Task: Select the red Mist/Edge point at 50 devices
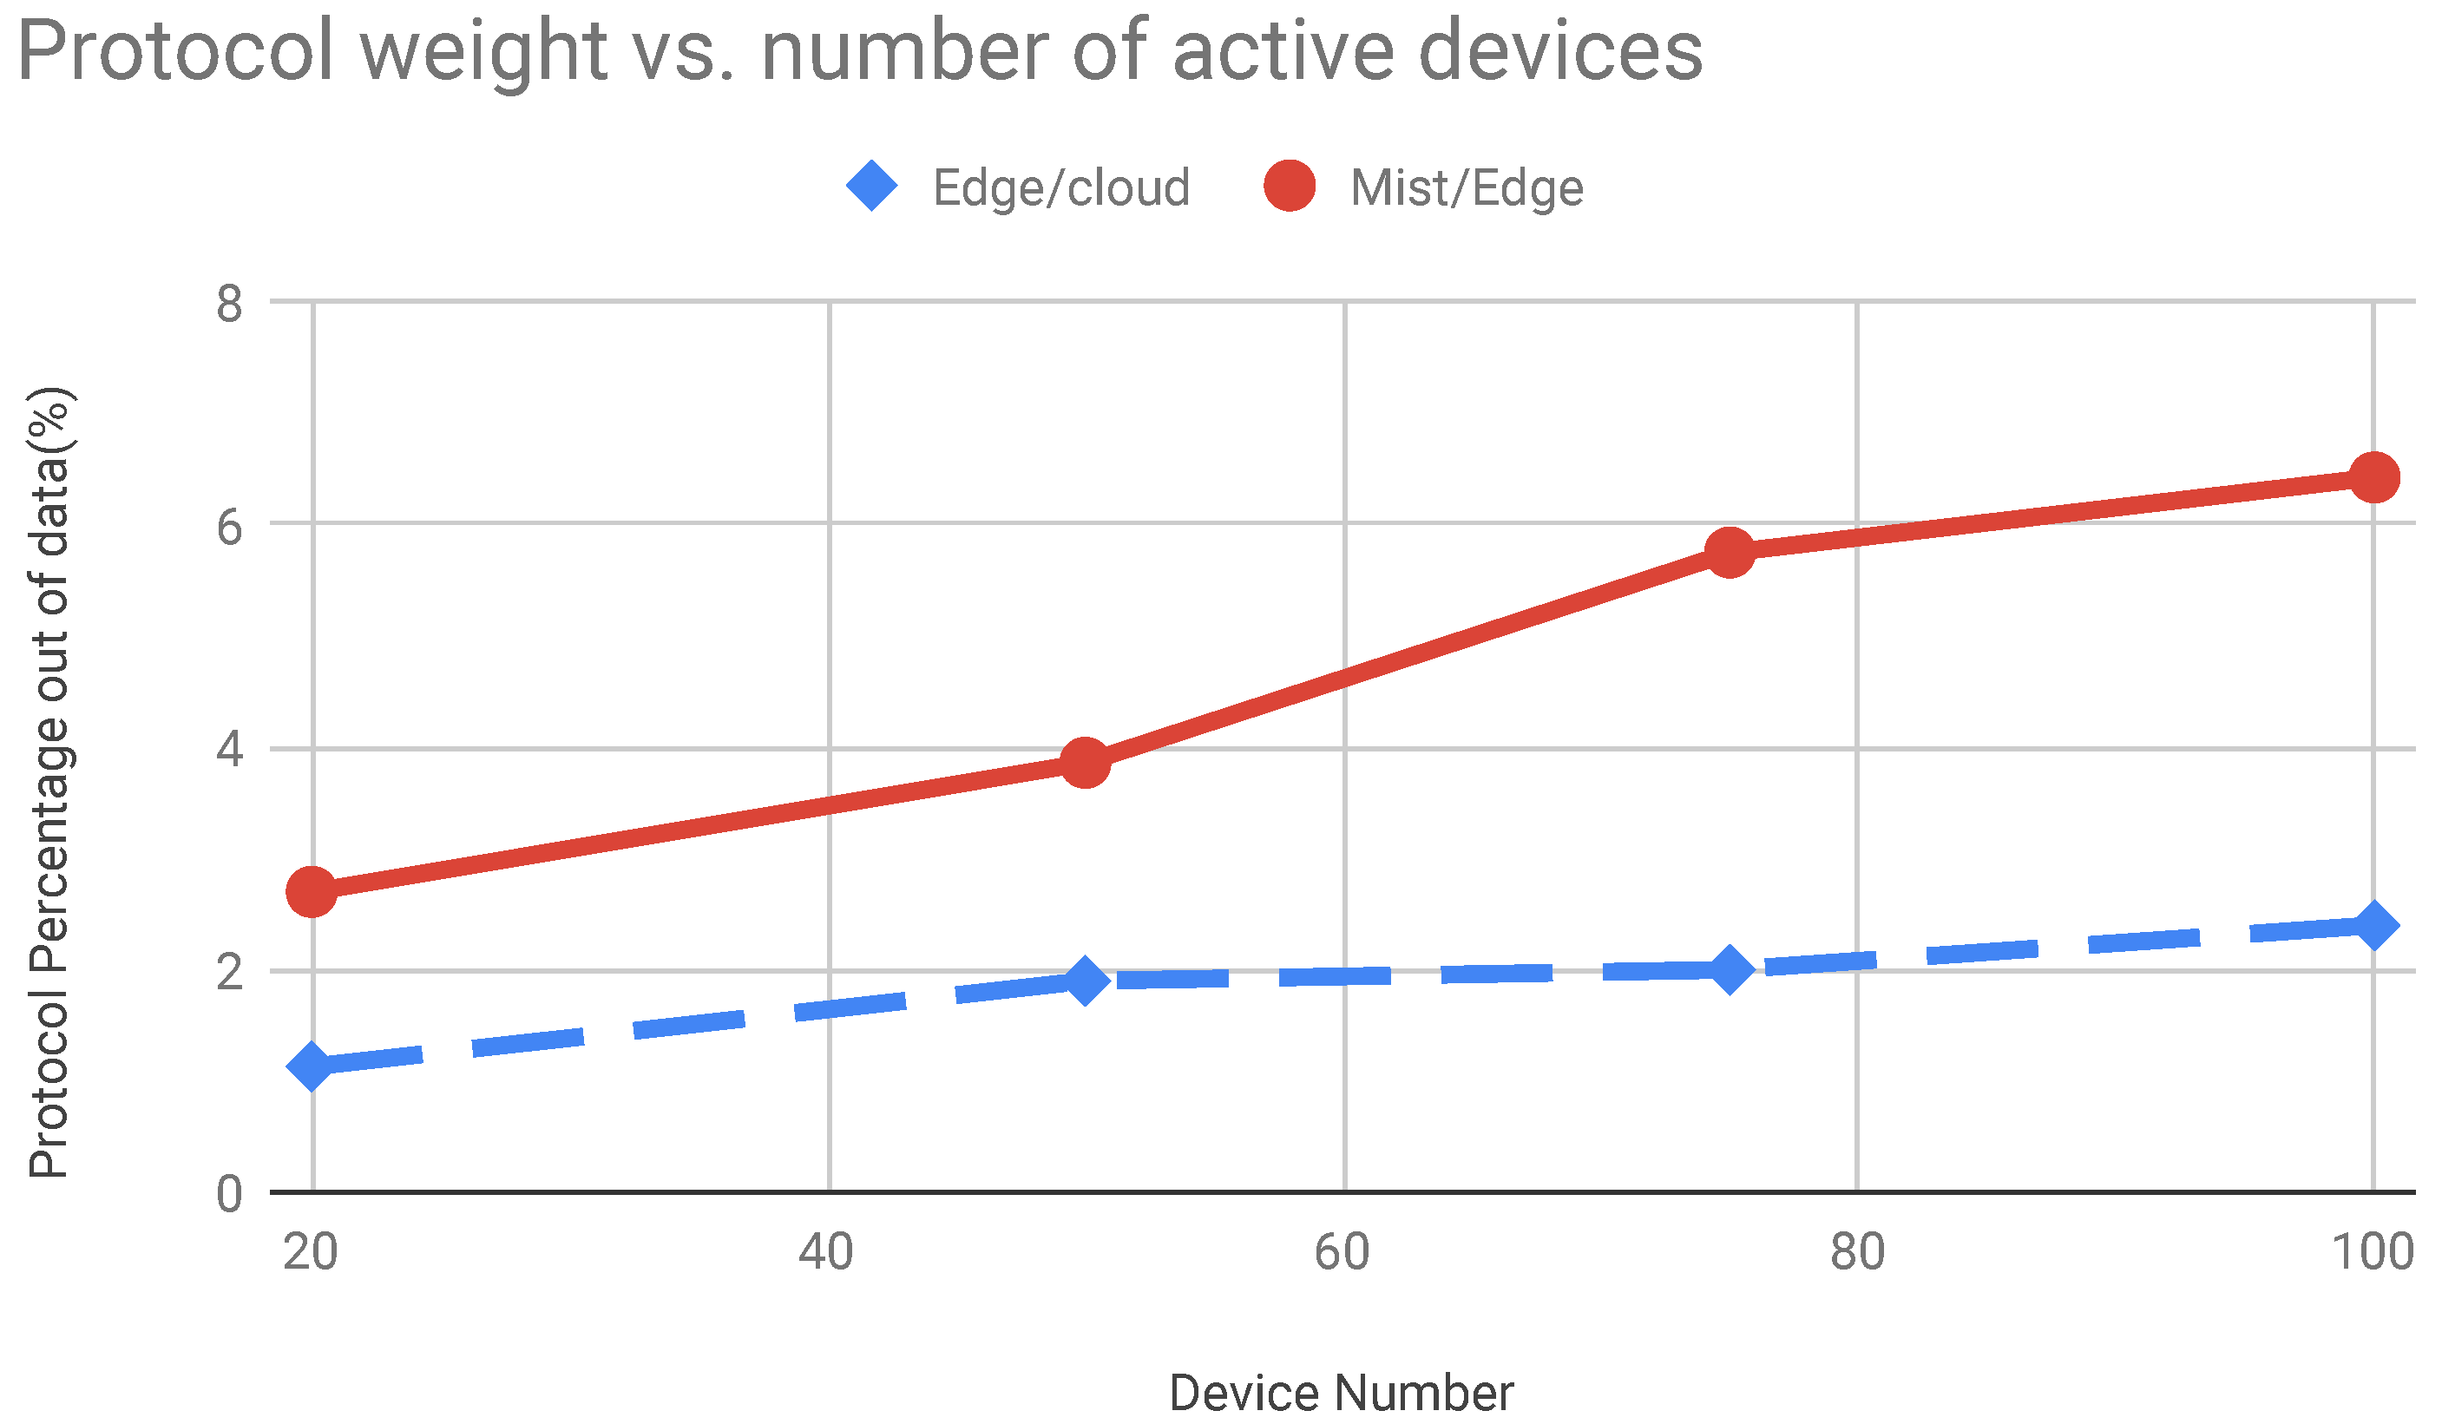[1086, 764]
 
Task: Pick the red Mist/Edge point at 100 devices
[2374, 477]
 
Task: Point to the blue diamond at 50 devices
[1086, 981]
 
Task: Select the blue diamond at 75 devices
[1730, 969]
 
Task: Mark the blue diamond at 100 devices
[2374, 926]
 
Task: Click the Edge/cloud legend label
[1061, 188]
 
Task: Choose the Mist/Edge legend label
[1467, 188]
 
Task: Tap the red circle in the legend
[1290, 185]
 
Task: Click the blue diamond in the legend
[872, 185]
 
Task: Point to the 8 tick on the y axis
[230, 305]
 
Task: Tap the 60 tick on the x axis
[1342, 1252]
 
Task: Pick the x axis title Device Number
[1341, 1393]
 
